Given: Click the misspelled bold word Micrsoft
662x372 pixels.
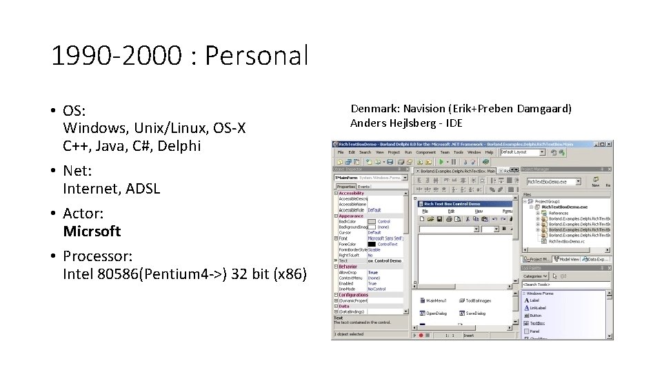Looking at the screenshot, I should (x=92, y=231).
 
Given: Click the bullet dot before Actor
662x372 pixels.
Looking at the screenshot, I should (x=53, y=214).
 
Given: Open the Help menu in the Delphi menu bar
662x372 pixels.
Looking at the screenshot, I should (x=489, y=152).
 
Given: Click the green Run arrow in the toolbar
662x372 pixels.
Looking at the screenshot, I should (x=441, y=161).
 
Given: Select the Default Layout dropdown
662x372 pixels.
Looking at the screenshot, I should (x=522, y=152).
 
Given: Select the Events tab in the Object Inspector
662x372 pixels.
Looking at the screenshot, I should (x=363, y=187).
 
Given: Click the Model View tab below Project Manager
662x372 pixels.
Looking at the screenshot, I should (x=568, y=259).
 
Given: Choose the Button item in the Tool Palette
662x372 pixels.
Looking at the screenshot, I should (x=536, y=316).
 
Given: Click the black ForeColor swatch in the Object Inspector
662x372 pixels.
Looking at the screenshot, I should (x=372, y=244).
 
